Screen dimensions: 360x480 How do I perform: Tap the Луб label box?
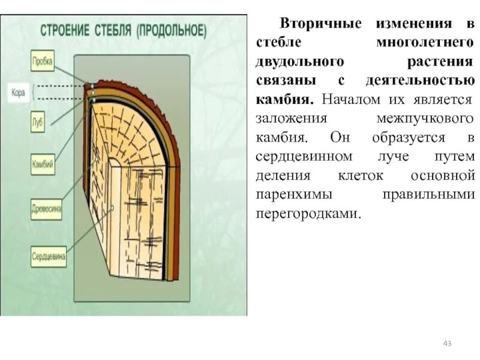pyautogui.click(x=37, y=124)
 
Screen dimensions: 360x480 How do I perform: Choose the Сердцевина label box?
pyautogui.click(x=49, y=256)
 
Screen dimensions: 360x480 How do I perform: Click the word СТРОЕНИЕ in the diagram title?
pyautogui.click(x=64, y=29)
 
